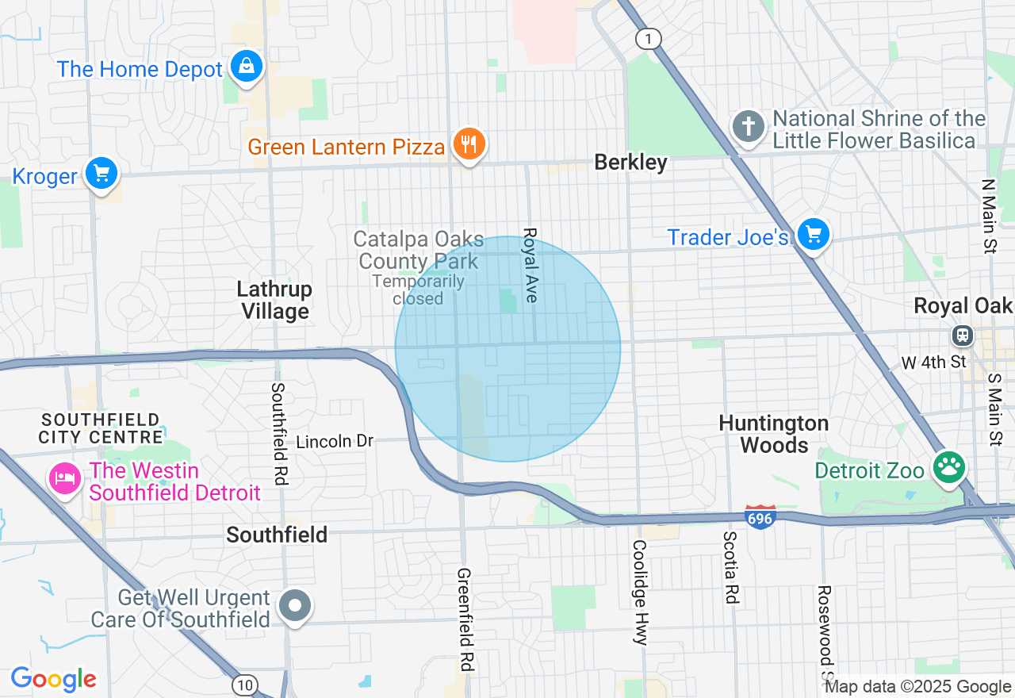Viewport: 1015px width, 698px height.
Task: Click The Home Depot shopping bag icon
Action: pyautogui.click(x=247, y=67)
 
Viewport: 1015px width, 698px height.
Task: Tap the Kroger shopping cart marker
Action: pyautogui.click(x=101, y=172)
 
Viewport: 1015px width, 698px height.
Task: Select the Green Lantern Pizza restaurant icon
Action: pyautogui.click(x=469, y=144)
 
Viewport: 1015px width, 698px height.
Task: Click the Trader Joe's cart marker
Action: pyautogui.click(x=813, y=235)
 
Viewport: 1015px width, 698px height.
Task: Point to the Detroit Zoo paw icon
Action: pyautogui.click(x=948, y=467)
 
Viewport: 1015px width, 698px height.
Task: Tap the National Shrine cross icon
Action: pyautogui.click(x=748, y=127)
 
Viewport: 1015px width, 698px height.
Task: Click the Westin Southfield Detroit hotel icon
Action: pyautogui.click(x=65, y=478)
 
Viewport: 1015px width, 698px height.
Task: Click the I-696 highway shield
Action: pyautogui.click(x=760, y=517)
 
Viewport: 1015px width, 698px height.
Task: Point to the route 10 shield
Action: pyautogui.click(x=245, y=684)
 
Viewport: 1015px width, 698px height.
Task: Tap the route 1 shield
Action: pyautogui.click(x=649, y=38)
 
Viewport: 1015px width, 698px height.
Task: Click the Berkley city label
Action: pyautogui.click(x=631, y=163)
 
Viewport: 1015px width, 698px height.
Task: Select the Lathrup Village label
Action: pyautogui.click(x=274, y=301)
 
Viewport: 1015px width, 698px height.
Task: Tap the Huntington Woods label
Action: pyautogui.click(x=774, y=435)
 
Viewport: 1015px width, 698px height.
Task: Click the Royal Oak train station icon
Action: pyautogui.click(x=963, y=335)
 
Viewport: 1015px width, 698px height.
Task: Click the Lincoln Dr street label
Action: pyautogui.click(x=334, y=441)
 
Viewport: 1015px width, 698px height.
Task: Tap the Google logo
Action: pyautogui.click(x=53, y=679)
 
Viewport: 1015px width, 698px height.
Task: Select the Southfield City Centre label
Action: pyautogui.click(x=101, y=428)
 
